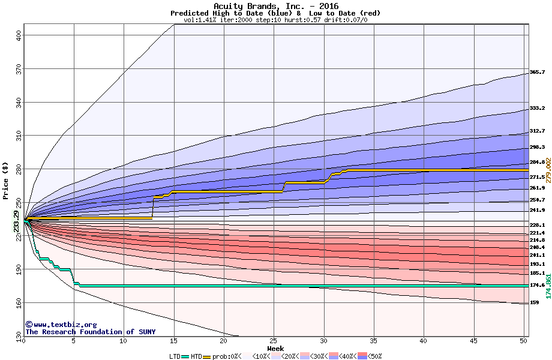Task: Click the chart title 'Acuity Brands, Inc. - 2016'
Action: (275, 6)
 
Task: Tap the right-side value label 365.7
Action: (537, 72)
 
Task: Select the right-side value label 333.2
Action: (537, 109)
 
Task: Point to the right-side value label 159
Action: (534, 302)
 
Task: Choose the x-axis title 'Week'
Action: (275, 349)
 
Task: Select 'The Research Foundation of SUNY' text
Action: (90, 332)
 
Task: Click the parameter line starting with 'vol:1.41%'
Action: (275, 20)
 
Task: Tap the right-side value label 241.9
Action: (537, 210)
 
